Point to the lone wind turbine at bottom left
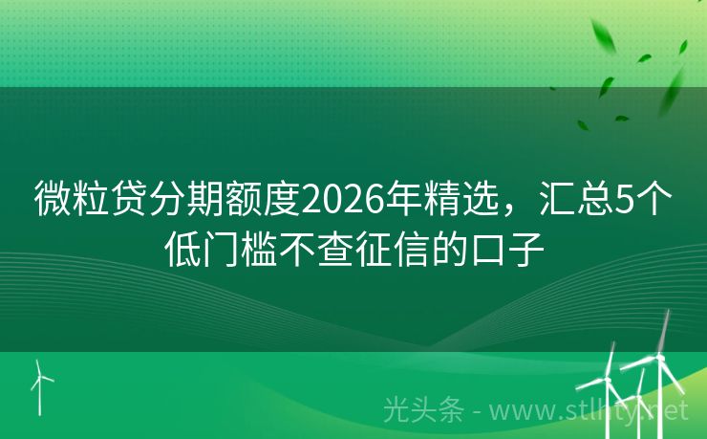click(39, 386)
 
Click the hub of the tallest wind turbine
click(656, 358)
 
